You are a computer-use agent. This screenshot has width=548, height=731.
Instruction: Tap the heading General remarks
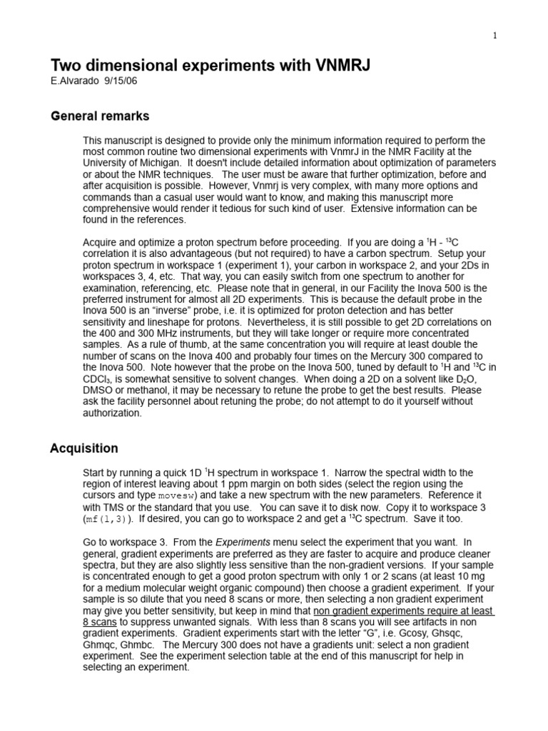99,116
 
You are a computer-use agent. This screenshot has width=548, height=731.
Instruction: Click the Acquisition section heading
83,448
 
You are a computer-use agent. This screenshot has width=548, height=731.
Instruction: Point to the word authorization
113,413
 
